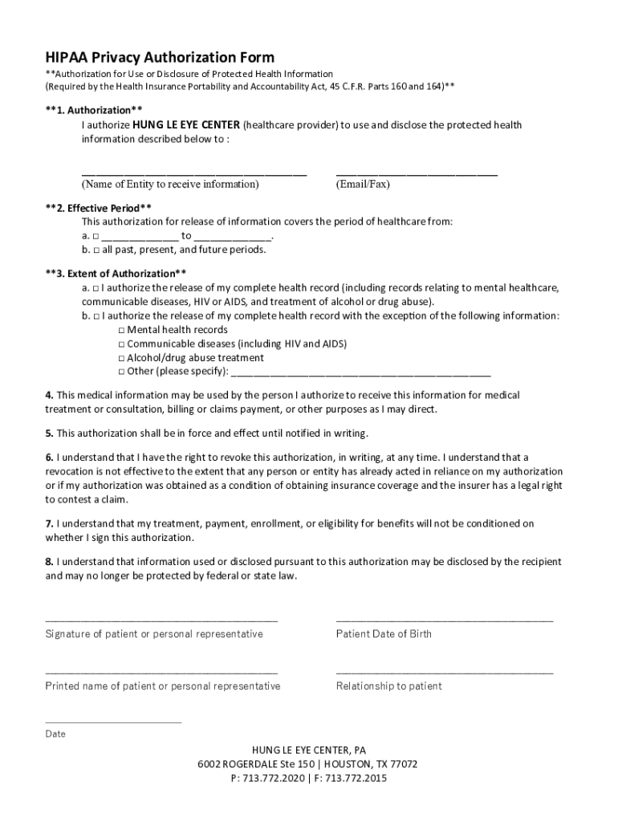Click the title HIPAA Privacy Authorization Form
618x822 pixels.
click(160, 57)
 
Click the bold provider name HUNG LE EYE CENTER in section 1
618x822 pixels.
click(186, 125)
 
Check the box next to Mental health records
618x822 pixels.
click(121, 330)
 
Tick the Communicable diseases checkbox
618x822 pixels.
click(121, 344)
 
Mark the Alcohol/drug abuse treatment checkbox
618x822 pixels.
click(121, 358)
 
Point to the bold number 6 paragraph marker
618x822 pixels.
click(49, 458)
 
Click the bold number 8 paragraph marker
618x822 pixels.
click(49, 562)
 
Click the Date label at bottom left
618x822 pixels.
click(55, 734)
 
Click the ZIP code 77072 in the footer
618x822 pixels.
click(401, 764)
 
